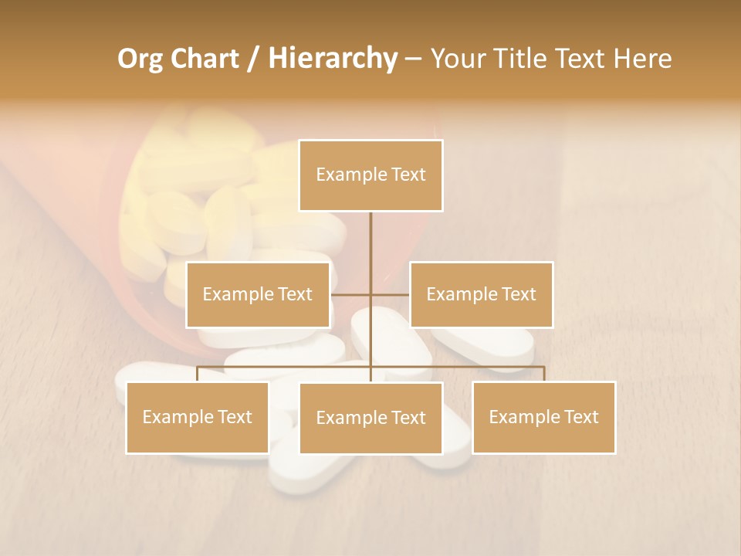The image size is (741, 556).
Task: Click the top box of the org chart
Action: pyautogui.click(x=370, y=175)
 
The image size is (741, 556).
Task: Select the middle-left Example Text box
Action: pyautogui.click(x=258, y=294)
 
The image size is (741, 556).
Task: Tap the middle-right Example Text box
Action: pyautogui.click(x=481, y=294)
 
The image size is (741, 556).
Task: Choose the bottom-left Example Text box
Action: pyautogui.click(x=198, y=417)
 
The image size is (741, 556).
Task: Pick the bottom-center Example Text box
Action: pyautogui.click(x=370, y=418)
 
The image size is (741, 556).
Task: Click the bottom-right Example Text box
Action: pyautogui.click(x=543, y=417)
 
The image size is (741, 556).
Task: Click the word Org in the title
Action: pyautogui.click(x=140, y=59)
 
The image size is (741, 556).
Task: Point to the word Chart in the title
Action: pyautogui.click(x=204, y=59)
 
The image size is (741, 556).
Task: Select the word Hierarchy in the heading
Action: pyautogui.click(x=332, y=59)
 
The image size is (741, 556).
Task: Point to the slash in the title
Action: pyautogui.click(x=253, y=59)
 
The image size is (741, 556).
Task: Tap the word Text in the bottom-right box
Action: pyautogui.click(x=580, y=417)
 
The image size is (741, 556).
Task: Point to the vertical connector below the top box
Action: pyautogui.click(x=370, y=239)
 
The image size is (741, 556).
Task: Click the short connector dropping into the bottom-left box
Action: pyautogui.click(x=198, y=374)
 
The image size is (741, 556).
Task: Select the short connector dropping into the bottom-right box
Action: pyautogui.click(x=543, y=374)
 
